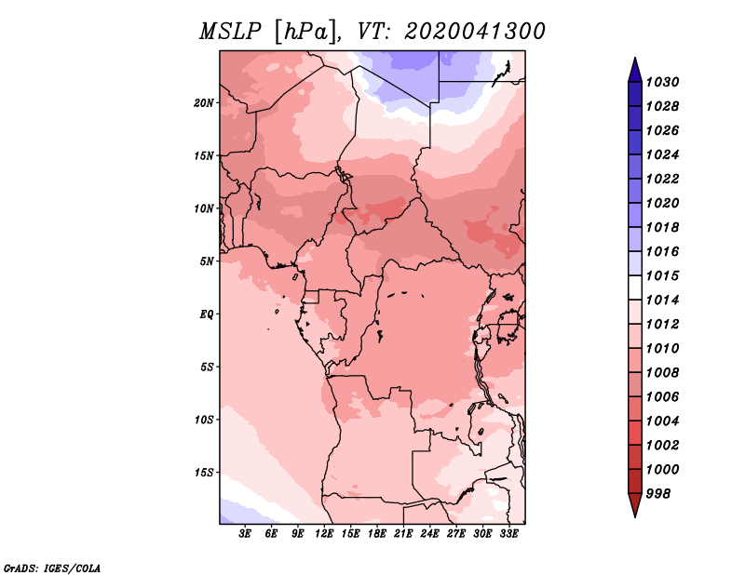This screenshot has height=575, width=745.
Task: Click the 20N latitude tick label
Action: pos(204,103)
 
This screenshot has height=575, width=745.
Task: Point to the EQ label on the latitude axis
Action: pos(207,314)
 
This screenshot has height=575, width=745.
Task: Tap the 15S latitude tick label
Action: pos(204,473)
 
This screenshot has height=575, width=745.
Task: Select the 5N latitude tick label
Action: pos(207,261)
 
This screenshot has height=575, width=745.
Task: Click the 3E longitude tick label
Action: pos(245,534)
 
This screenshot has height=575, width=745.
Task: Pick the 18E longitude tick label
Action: pos(376,534)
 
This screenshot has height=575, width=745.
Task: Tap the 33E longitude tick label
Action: pos(508,534)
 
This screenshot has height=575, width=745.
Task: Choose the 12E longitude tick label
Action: pos(323,534)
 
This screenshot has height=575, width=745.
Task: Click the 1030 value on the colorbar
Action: pos(662,82)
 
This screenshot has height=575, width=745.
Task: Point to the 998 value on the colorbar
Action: pos(658,494)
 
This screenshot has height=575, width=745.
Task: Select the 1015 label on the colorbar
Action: pos(662,275)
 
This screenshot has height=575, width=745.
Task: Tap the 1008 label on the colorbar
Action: pos(662,373)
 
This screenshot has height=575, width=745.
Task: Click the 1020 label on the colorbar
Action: pos(662,203)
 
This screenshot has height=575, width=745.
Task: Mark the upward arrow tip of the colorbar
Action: pos(635,58)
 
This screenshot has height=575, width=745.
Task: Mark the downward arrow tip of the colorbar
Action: pos(635,517)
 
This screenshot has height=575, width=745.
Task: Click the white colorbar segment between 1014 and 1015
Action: pos(635,287)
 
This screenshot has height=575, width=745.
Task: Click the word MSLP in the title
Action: pos(230,32)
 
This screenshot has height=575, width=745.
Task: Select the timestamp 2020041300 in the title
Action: pos(475,32)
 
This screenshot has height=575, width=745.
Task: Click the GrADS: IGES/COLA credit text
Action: pos(52,568)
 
